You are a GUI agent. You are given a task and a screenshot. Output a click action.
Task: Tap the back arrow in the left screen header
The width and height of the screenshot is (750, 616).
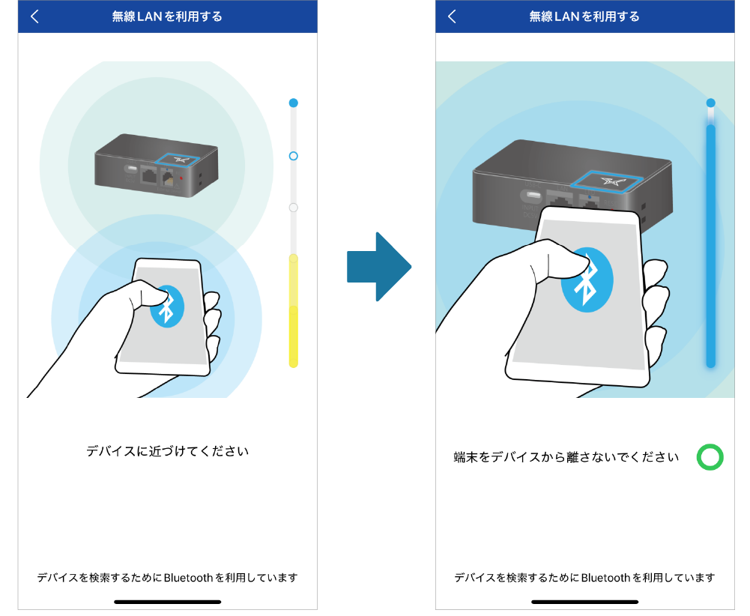pyautogui.click(x=34, y=16)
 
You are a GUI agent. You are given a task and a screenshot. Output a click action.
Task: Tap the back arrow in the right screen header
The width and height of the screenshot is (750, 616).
pyautogui.click(x=452, y=16)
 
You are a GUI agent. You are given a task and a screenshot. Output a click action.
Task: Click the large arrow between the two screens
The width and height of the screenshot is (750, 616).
pyautogui.click(x=379, y=267)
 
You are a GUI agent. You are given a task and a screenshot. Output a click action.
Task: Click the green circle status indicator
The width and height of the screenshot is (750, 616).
pyautogui.click(x=710, y=457)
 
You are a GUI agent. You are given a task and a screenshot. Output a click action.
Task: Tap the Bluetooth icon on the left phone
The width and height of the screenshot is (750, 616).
pyautogui.click(x=167, y=307)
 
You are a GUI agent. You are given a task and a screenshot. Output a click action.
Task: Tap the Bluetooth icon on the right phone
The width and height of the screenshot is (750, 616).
pyautogui.click(x=587, y=280)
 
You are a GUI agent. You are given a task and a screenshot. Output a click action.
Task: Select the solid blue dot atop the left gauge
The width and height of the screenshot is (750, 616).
pyautogui.click(x=294, y=103)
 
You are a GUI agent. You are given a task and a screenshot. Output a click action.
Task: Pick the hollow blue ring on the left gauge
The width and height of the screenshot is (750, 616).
pyautogui.click(x=294, y=156)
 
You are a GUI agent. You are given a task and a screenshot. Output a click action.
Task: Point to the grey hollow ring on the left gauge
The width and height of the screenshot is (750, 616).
pyautogui.click(x=294, y=208)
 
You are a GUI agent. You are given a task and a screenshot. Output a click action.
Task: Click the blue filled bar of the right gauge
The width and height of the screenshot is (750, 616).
pyautogui.click(x=711, y=247)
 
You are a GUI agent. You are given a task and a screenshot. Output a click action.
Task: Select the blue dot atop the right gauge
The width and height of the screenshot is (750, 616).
pyautogui.click(x=711, y=103)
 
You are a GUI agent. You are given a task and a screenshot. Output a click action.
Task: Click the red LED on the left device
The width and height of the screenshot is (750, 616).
pyautogui.click(x=181, y=178)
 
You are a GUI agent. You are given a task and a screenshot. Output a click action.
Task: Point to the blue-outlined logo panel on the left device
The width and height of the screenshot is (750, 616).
pyautogui.click(x=177, y=160)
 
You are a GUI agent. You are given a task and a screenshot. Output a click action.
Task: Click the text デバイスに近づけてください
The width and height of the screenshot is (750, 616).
pyautogui.click(x=167, y=451)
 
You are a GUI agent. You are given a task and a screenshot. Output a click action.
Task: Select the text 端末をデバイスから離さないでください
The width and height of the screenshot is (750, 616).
pyautogui.click(x=566, y=457)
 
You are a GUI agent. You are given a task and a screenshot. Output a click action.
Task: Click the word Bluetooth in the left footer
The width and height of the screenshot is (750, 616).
pyautogui.click(x=189, y=578)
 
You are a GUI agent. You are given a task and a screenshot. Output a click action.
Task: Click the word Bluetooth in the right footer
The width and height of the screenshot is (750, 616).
pyautogui.click(x=606, y=578)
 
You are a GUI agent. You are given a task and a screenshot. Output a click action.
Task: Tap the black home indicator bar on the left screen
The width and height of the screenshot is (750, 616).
pyautogui.click(x=167, y=602)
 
